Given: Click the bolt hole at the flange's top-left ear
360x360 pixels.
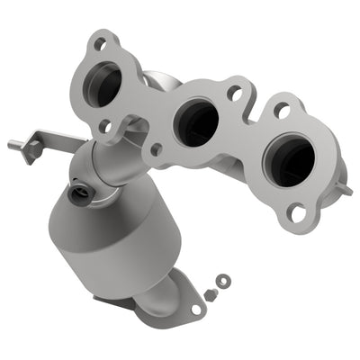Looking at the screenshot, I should click(x=103, y=41).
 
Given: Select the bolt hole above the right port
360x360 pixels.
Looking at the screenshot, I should click(x=282, y=109).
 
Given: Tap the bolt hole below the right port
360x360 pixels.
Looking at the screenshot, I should click(x=296, y=213).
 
